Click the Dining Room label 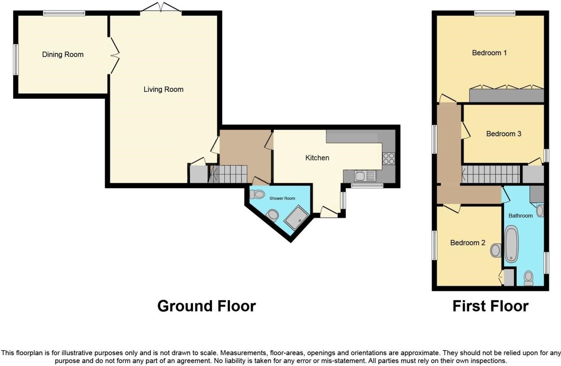coord(63,54)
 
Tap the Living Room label coord(163,89)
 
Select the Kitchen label coord(317,158)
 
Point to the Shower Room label coord(282,198)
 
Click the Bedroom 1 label coord(489,53)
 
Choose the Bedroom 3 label coord(504,134)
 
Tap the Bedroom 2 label coord(467,243)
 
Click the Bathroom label coord(520,216)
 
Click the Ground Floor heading coord(207,306)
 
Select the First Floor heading coord(490,306)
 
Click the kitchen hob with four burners coord(389,159)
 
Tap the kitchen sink coord(364,176)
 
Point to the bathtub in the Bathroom coord(511,244)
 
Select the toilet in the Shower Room coord(258,194)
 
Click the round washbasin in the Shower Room coord(273,215)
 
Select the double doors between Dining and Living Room coord(114,55)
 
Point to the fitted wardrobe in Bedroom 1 coord(506,95)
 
